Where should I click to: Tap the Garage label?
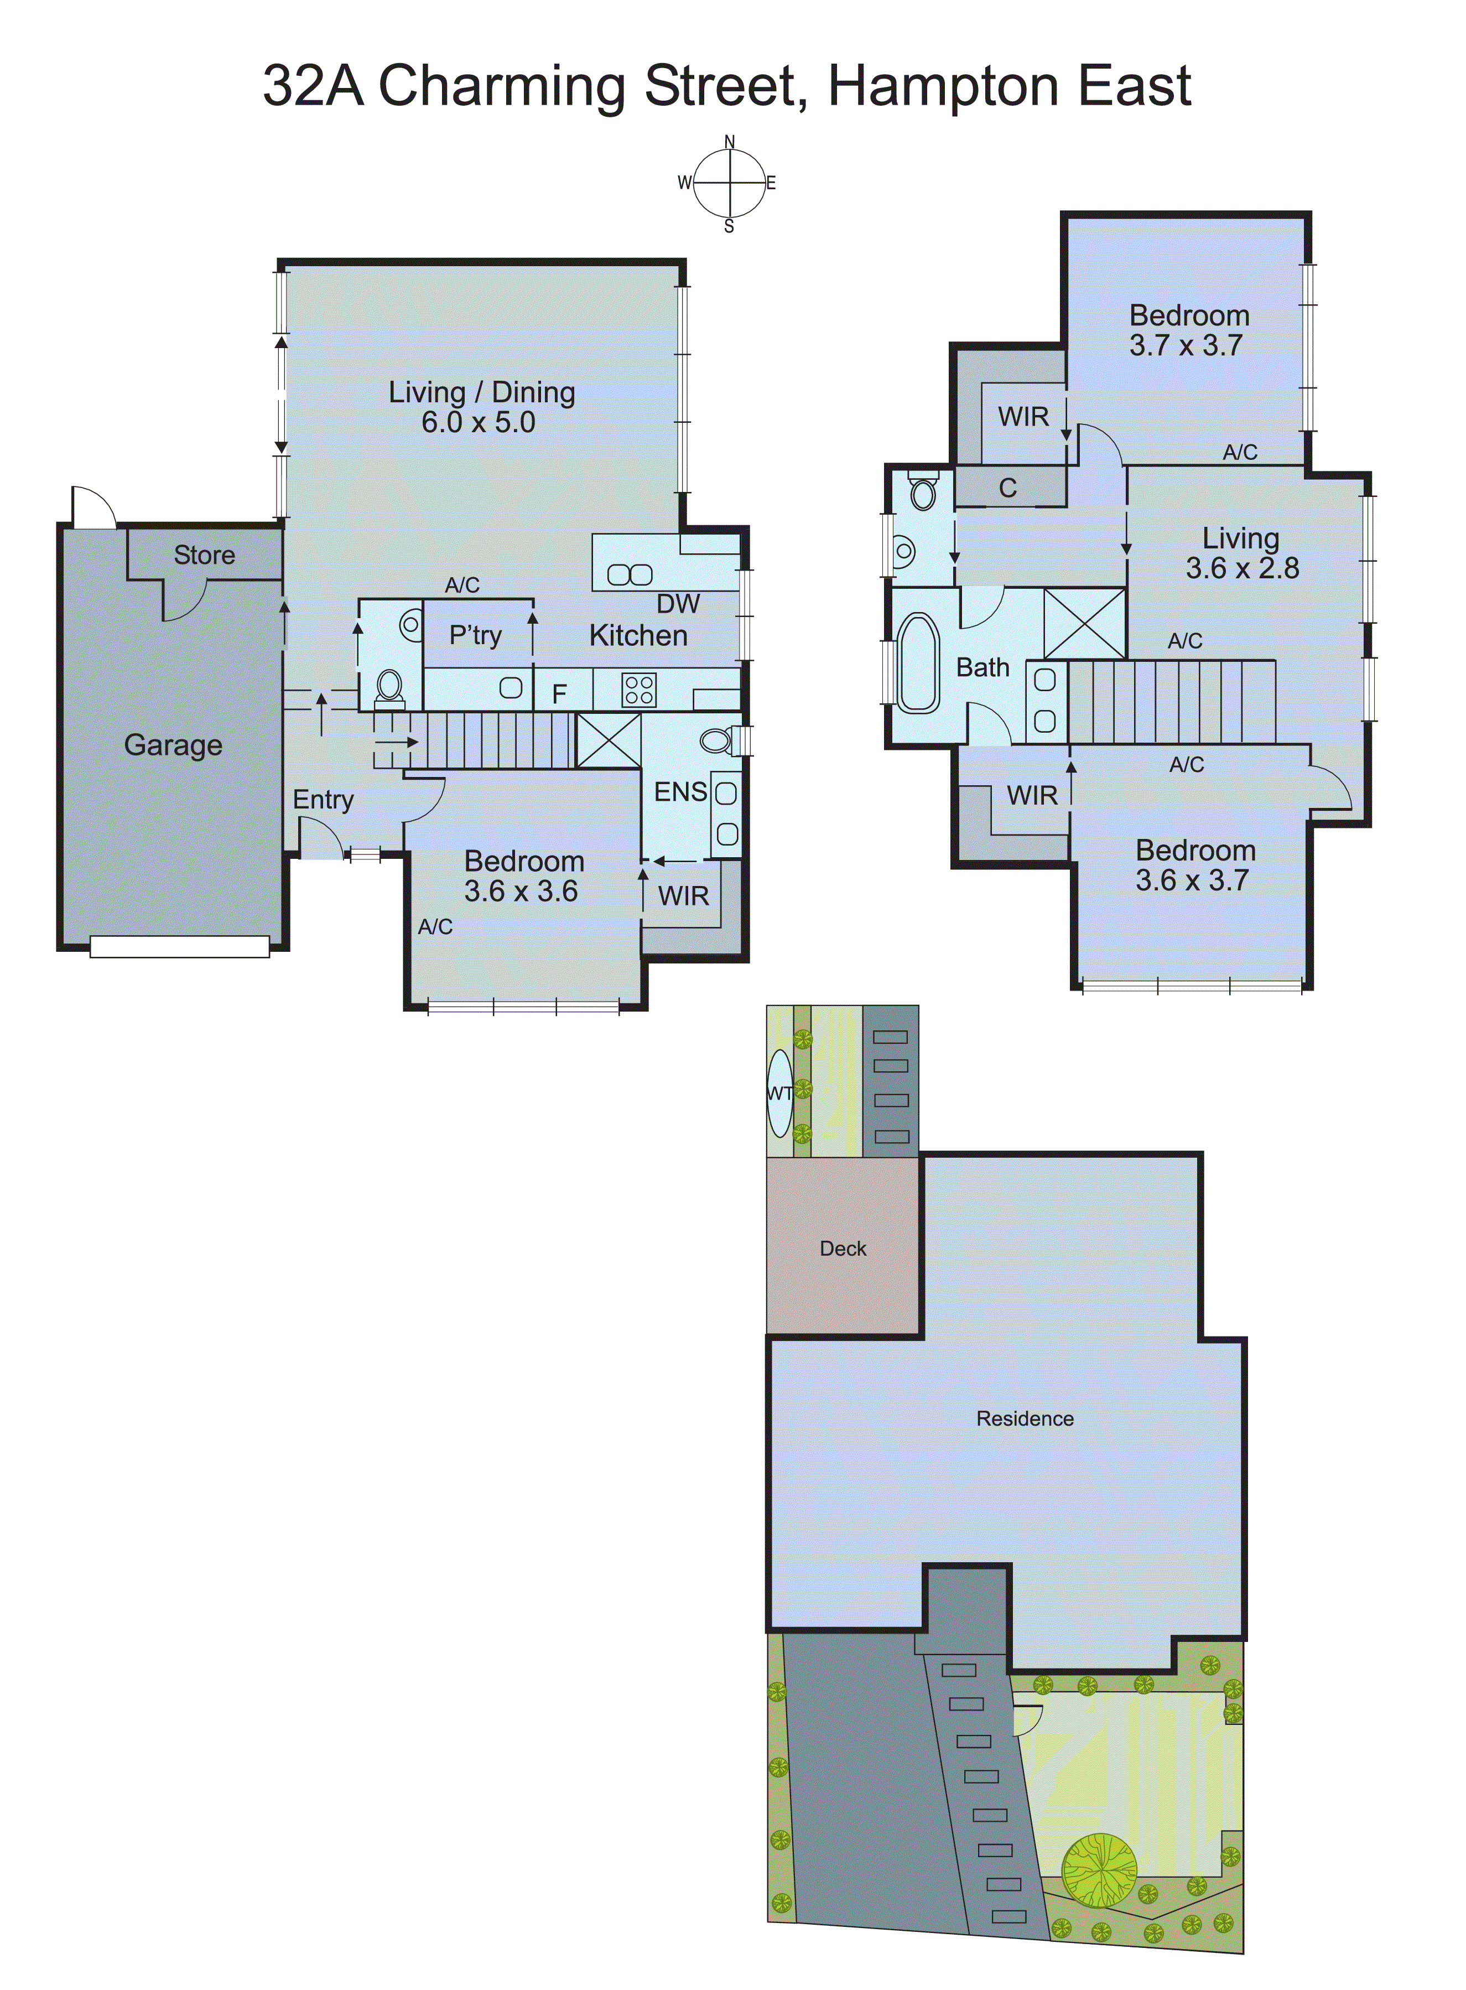(173, 745)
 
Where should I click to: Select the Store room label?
(204, 556)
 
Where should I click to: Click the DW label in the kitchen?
(678, 604)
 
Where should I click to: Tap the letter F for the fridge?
(559, 693)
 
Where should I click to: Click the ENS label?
(680, 792)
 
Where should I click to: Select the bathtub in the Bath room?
(918, 662)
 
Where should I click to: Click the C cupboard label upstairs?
(1007, 488)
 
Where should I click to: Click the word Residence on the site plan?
(1025, 1418)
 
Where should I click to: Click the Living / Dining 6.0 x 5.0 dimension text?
(479, 422)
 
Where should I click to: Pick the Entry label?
(323, 800)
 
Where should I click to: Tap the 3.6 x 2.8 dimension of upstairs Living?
(1243, 568)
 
